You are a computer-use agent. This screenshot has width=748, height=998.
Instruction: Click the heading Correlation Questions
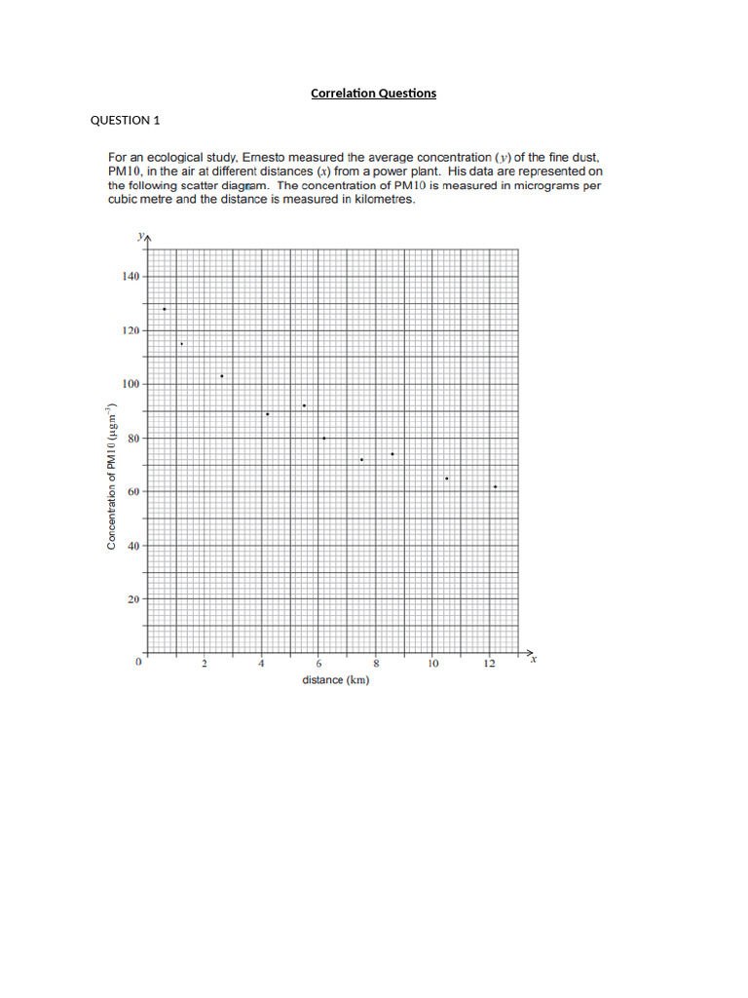pyautogui.click(x=373, y=94)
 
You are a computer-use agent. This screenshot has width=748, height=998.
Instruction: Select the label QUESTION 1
pyautogui.click(x=125, y=121)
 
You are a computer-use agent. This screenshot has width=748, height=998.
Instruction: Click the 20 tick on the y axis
pyautogui.click(x=132, y=599)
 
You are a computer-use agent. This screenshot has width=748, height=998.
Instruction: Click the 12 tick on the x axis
pyautogui.click(x=489, y=664)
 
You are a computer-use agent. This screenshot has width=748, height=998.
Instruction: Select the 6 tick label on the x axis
pyautogui.click(x=318, y=664)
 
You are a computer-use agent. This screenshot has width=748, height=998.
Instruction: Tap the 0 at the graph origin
pyautogui.click(x=138, y=663)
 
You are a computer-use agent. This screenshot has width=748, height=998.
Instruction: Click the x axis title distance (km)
pyautogui.click(x=335, y=680)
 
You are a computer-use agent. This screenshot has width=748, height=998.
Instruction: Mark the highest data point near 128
pyautogui.click(x=164, y=309)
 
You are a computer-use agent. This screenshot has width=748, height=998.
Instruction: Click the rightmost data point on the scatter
pyautogui.click(x=495, y=486)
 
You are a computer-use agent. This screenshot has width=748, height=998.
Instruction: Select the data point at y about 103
pyautogui.click(x=221, y=376)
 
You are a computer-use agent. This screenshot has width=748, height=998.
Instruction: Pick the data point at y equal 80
pyautogui.click(x=323, y=438)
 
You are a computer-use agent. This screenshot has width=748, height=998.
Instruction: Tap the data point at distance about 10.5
pyautogui.click(x=446, y=479)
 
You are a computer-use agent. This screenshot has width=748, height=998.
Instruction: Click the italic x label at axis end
pyautogui.click(x=536, y=660)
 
